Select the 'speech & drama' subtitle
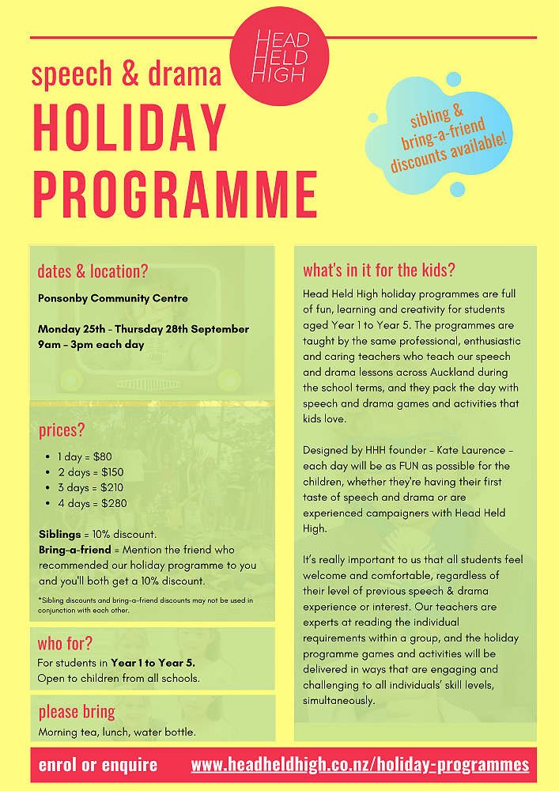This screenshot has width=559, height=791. (127, 74)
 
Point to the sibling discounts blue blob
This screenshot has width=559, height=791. (448, 135)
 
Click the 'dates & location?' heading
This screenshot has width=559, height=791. (93, 271)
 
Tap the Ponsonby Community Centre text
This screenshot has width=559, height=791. (113, 298)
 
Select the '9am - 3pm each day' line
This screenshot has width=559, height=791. (91, 344)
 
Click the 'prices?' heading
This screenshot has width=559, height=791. (62, 431)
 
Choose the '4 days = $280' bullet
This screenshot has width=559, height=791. (93, 503)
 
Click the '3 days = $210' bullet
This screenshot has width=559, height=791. (92, 487)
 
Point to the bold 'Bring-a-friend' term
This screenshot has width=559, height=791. (75, 549)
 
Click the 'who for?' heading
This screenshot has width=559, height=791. (65, 642)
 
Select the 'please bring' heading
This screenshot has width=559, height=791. (77, 711)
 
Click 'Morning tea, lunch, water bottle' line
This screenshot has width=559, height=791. (117, 732)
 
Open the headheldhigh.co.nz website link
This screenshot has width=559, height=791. (360, 765)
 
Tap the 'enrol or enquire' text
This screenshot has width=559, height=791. (98, 765)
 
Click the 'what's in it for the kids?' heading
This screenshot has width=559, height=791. (379, 270)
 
